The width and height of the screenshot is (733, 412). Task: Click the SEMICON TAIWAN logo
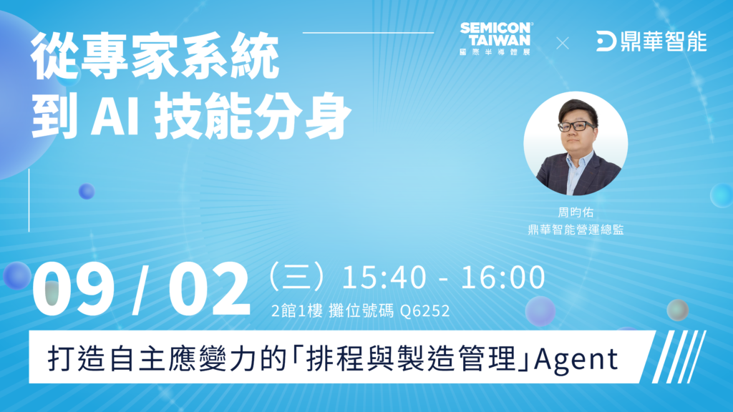point(496,39)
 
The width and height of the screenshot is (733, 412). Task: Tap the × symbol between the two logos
point(563,44)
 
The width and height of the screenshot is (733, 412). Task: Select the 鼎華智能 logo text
point(664,41)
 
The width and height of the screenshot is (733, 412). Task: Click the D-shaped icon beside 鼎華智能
point(606,41)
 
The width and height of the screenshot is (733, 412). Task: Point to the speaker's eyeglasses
point(577,126)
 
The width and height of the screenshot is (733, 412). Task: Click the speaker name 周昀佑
point(576,212)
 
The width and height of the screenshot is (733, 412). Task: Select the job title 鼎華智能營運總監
point(576,230)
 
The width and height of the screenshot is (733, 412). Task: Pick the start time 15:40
point(384,278)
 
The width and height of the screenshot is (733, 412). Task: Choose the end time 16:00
point(503,278)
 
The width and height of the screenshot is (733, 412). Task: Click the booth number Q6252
point(425,311)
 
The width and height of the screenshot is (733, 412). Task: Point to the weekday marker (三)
point(296,276)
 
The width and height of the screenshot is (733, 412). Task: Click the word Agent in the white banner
point(576,360)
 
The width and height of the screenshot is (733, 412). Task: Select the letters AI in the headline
point(115,115)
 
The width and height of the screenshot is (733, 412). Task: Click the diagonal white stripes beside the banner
point(679,356)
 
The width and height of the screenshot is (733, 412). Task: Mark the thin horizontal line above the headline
point(369,33)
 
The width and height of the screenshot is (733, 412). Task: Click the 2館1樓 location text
point(297,311)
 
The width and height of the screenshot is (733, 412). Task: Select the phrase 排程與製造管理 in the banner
point(410,359)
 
